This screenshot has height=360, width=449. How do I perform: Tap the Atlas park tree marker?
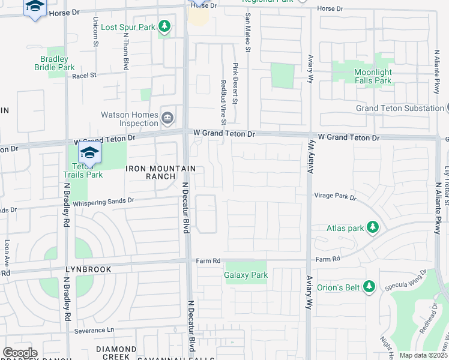(x=373, y=227)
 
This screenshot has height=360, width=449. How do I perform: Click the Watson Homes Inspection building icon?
(x=167, y=116)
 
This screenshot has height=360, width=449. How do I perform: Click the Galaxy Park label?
(x=246, y=275)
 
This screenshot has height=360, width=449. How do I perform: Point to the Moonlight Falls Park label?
(x=373, y=76)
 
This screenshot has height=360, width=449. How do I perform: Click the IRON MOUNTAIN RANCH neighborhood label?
(x=152, y=173)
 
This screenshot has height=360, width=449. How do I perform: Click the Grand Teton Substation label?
(x=399, y=108)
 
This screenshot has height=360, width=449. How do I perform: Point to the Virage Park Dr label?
(x=335, y=196)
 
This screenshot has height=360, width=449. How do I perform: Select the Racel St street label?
(x=84, y=76)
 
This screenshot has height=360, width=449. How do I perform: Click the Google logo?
(x=20, y=353)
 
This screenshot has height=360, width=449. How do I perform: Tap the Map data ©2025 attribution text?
(x=423, y=355)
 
